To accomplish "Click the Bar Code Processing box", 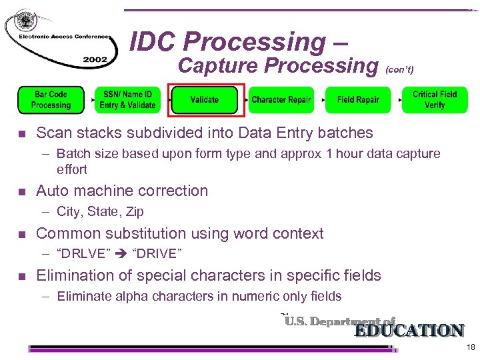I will click(x=51, y=100).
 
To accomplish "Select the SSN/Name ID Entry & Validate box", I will click(x=127, y=100).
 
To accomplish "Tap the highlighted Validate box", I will click(x=204, y=100).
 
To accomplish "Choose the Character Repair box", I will click(x=281, y=100).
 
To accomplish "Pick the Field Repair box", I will click(x=358, y=100).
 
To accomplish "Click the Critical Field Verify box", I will click(x=435, y=100).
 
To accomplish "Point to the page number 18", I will click(x=471, y=347).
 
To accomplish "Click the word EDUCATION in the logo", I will click(x=409, y=331).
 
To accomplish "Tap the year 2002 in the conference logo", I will click(x=95, y=59).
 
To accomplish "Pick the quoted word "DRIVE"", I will click(x=158, y=254).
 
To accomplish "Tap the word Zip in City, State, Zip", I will click(x=135, y=212).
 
